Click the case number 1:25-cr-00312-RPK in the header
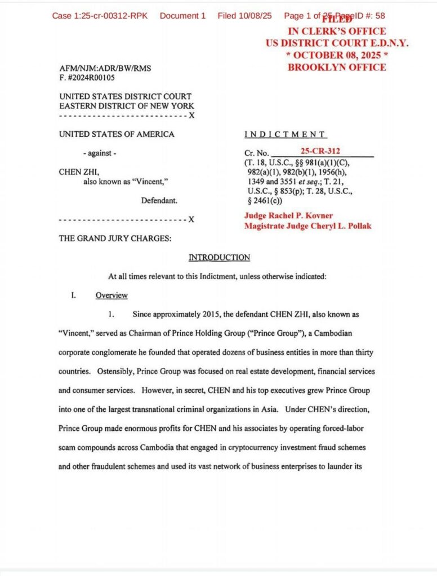(x=100, y=16)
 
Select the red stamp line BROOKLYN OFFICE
(x=337, y=67)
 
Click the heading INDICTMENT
(x=286, y=134)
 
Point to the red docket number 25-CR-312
(x=320, y=151)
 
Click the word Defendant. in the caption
(x=159, y=200)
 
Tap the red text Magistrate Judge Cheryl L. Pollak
(x=307, y=226)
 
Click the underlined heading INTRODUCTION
(x=219, y=258)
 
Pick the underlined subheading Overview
(x=112, y=295)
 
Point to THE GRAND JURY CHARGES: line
(x=115, y=238)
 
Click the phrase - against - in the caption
(x=100, y=154)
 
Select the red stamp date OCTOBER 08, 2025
(x=337, y=55)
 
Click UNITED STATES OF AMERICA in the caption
(x=117, y=134)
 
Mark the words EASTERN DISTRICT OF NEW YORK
(x=127, y=106)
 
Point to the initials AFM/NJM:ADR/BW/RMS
(x=105, y=68)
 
